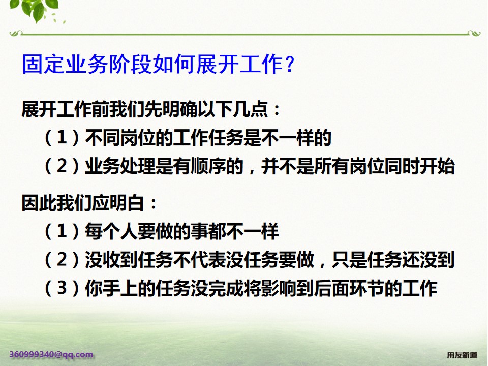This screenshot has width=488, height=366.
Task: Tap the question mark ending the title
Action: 289,65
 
